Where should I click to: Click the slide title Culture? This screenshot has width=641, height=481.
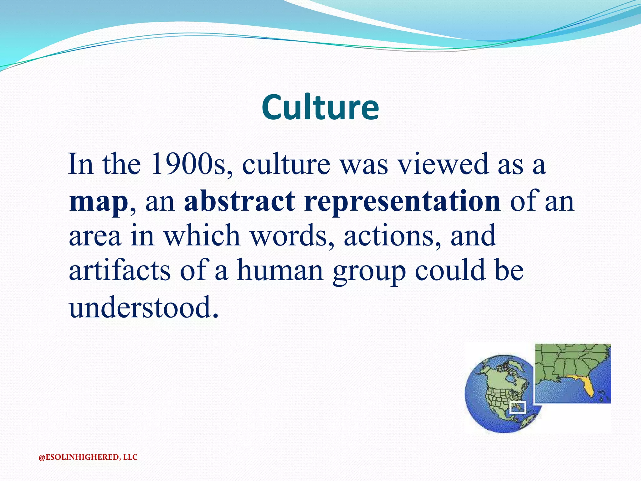point(320,107)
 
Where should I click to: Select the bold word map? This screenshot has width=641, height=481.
point(98,201)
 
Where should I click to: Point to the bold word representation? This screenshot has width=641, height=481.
point(402,201)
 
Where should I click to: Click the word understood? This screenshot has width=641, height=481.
point(143,308)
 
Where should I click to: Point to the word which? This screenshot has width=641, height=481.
point(202,235)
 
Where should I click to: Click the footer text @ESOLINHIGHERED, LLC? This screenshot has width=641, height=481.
point(88,457)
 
